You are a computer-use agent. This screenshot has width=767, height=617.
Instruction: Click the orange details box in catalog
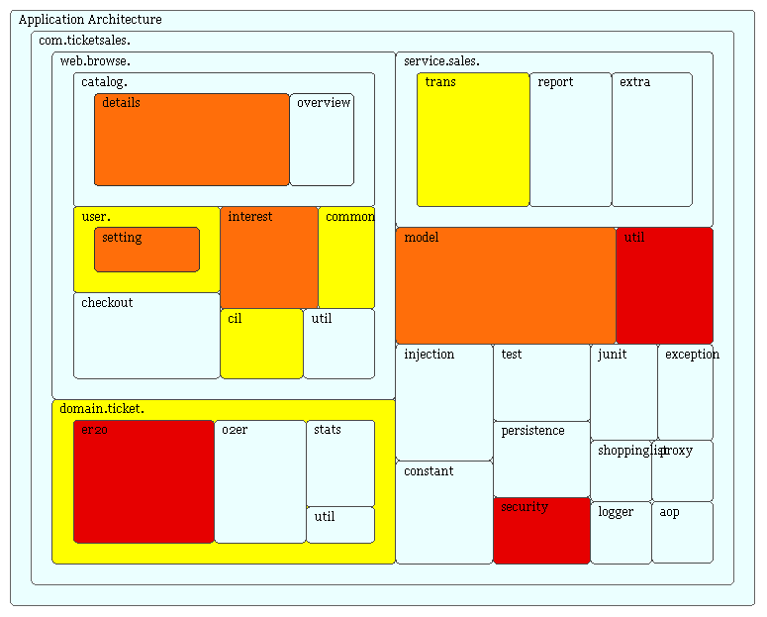pos(192,140)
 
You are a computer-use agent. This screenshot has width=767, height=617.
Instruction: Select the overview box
pos(322,140)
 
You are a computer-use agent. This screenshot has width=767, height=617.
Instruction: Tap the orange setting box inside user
pos(146,250)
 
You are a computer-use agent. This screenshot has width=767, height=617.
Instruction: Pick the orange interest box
pos(269,257)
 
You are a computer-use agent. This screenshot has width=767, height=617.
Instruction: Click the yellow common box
pos(346,257)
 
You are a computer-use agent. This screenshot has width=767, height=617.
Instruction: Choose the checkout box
pos(146,336)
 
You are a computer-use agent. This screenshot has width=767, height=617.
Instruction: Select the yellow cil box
pos(261,344)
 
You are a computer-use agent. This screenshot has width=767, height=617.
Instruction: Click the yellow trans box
pos(473,140)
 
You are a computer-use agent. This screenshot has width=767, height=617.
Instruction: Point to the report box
pos(570,140)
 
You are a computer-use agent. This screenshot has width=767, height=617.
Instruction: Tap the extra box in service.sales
pos(651,140)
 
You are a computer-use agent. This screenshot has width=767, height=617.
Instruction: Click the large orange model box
pos(505,285)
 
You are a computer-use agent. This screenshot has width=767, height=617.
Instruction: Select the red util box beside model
pos(664,285)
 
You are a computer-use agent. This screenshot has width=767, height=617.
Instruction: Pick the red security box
pos(541,531)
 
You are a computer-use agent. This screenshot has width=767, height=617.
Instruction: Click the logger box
pos(621,533)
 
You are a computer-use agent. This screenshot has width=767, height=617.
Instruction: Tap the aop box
pos(682,533)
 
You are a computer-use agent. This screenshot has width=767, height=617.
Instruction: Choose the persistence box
pos(541,460)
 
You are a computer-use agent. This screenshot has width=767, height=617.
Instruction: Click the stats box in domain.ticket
pos(340,463)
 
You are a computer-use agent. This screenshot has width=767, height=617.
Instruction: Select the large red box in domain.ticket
pos(144,482)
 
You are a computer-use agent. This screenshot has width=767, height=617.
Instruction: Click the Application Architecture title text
pos(90,20)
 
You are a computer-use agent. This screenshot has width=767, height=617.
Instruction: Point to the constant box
pos(444,512)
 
